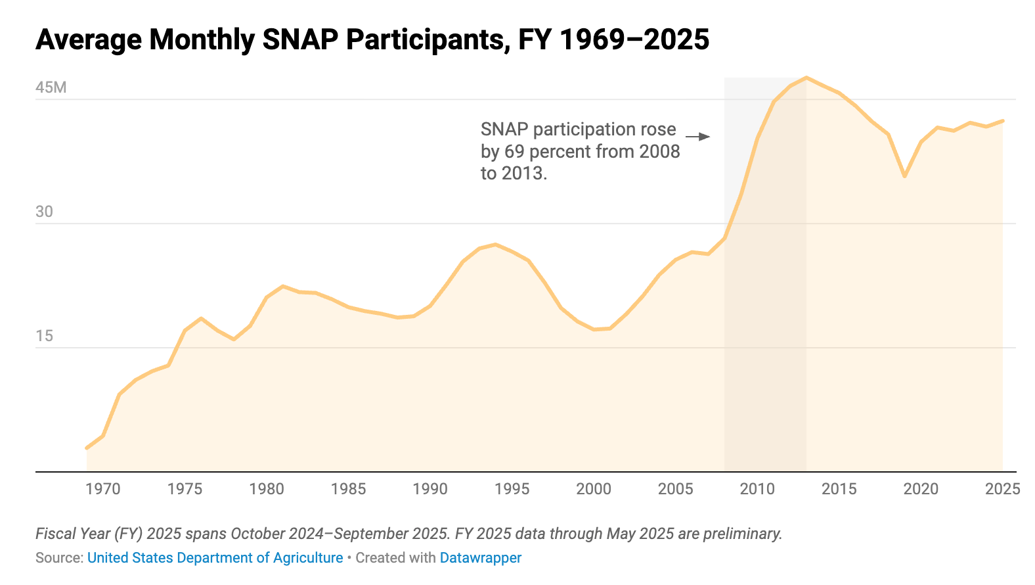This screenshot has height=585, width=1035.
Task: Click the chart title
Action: (x=372, y=40)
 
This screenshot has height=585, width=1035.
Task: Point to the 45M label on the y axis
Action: (x=51, y=87)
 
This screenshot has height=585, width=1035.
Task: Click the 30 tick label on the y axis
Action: (x=45, y=212)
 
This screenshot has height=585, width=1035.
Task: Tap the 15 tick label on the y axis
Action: (x=45, y=336)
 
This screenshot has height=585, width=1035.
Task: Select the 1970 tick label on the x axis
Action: (x=103, y=489)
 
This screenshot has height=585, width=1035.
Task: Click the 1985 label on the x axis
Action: (x=348, y=489)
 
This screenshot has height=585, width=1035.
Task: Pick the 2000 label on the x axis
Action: (x=594, y=489)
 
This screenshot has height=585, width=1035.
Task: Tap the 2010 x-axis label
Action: (x=757, y=489)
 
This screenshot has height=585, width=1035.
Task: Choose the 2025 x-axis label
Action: (x=1003, y=489)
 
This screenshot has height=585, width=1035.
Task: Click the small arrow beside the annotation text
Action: (x=697, y=137)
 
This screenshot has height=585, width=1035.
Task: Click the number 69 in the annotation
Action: (x=514, y=152)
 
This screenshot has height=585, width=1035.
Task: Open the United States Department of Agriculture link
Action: (x=215, y=557)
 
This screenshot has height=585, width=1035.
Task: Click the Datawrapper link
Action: (x=481, y=557)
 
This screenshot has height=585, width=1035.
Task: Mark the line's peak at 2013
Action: (x=806, y=77)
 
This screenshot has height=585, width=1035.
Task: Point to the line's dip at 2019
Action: (x=905, y=176)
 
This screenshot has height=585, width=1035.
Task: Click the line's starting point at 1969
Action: (x=87, y=448)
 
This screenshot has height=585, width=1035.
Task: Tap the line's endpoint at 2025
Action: (x=1003, y=121)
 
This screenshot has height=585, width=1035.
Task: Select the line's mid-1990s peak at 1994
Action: (x=496, y=244)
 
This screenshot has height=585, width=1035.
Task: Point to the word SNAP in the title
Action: (x=300, y=40)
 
